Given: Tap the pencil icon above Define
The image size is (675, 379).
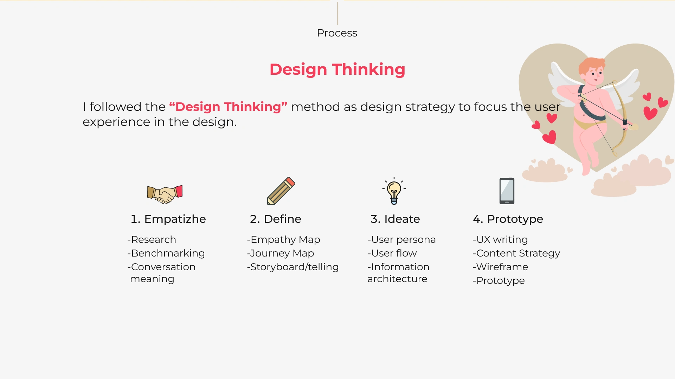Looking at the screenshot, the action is point(281,191).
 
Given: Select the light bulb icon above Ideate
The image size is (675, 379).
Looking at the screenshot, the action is point(394,191).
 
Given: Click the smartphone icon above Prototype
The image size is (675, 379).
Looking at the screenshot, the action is point(507,191).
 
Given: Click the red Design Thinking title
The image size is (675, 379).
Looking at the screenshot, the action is point(337,69).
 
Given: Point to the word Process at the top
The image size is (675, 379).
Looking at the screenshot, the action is point(337,33).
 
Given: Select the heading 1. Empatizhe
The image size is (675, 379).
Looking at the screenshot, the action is point(168,219).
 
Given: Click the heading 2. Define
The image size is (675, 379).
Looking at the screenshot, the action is point(276,219).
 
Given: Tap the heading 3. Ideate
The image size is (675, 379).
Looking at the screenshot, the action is point(395,219).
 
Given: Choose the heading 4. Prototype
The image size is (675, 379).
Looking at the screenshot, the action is point(508,219).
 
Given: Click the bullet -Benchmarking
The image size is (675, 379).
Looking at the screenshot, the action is point(166,253).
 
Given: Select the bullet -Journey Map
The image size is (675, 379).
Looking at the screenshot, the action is point(281,253).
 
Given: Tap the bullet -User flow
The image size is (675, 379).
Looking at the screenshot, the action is point(392,253).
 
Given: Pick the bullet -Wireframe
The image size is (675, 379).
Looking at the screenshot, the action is point(500,267).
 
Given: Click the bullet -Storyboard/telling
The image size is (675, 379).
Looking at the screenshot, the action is point(293,267).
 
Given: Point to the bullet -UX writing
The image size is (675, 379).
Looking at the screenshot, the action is point(500,240).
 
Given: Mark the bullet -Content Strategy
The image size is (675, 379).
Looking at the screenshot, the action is point(516,253).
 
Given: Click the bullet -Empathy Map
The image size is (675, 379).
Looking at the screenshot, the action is point(283,240).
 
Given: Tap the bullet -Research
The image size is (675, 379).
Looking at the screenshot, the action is point(152,239).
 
